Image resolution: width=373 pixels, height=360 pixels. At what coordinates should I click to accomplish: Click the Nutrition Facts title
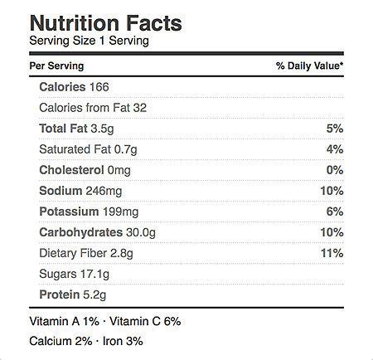(106, 23)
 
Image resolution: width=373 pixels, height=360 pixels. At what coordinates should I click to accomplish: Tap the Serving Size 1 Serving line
(90, 41)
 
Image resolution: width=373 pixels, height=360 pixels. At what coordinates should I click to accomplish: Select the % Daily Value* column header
(310, 66)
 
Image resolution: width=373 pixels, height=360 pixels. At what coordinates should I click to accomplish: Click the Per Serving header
(56, 66)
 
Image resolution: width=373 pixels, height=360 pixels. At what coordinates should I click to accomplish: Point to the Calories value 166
(99, 87)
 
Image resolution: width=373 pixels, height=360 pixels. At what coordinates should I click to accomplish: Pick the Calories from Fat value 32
(140, 108)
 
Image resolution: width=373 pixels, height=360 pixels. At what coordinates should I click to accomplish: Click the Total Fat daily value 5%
(335, 129)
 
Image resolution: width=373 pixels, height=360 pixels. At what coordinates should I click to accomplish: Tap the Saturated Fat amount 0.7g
(126, 149)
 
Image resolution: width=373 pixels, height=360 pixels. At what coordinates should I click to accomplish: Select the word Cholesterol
(71, 170)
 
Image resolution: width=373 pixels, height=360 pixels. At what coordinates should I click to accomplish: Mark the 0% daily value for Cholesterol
(335, 170)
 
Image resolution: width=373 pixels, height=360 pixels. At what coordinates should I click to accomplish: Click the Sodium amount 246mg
(104, 191)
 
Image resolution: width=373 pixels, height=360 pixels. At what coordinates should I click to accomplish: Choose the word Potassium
(69, 212)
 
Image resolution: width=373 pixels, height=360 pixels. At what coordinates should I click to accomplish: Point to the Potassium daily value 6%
(335, 212)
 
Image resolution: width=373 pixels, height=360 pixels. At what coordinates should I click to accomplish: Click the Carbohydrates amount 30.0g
(141, 232)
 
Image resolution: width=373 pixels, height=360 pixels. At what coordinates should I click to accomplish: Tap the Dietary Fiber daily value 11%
(332, 253)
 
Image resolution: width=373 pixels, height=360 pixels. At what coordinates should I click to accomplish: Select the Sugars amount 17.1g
(95, 274)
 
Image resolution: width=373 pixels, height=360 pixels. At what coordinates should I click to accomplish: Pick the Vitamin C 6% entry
(145, 321)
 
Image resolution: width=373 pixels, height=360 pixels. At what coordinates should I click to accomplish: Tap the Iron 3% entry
(123, 341)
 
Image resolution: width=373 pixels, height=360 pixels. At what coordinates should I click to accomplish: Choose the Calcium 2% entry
(61, 341)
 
